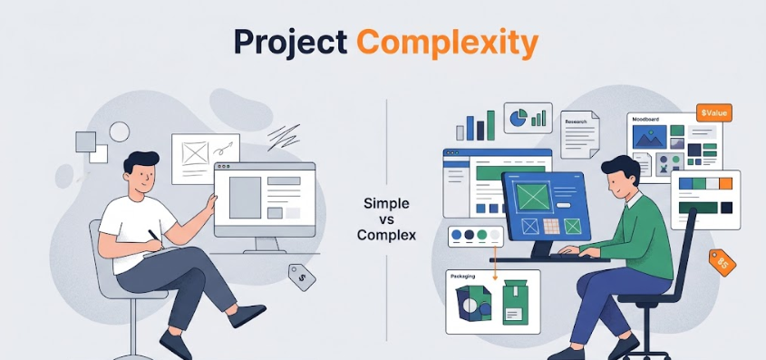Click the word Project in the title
[291, 43]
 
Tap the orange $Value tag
[713, 112]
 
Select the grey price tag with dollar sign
[302, 277]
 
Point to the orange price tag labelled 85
[722, 262]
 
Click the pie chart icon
[518, 117]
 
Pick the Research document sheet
[580, 134]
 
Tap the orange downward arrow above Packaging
[494, 264]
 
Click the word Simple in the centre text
[386, 203]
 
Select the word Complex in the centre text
[386, 235]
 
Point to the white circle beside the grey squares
[119, 131]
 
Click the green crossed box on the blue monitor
[533, 197]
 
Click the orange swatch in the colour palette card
[725, 183]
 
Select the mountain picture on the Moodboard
[650, 137]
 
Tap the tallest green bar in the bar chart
[490, 125]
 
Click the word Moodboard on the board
[645, 118]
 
